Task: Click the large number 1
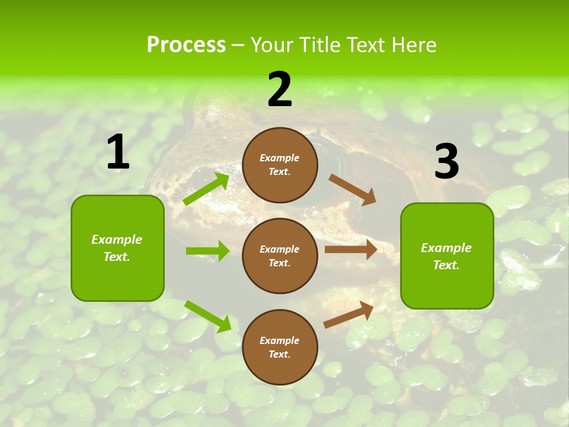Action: click(118, 152)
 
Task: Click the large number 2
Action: click(280, 90)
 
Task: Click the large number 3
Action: click(446, 162)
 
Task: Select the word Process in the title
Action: click(186, 44)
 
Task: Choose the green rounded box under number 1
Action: click(117, 248)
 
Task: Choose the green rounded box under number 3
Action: click(447, 256)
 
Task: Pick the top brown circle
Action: click(280, 165)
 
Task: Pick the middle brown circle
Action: click(280, 256)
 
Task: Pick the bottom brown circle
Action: click(280, 347)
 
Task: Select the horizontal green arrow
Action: click(207, 251)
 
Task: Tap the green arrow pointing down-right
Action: click(207, 316)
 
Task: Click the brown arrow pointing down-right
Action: click(353, 189)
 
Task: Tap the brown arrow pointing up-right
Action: click(349, 314)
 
